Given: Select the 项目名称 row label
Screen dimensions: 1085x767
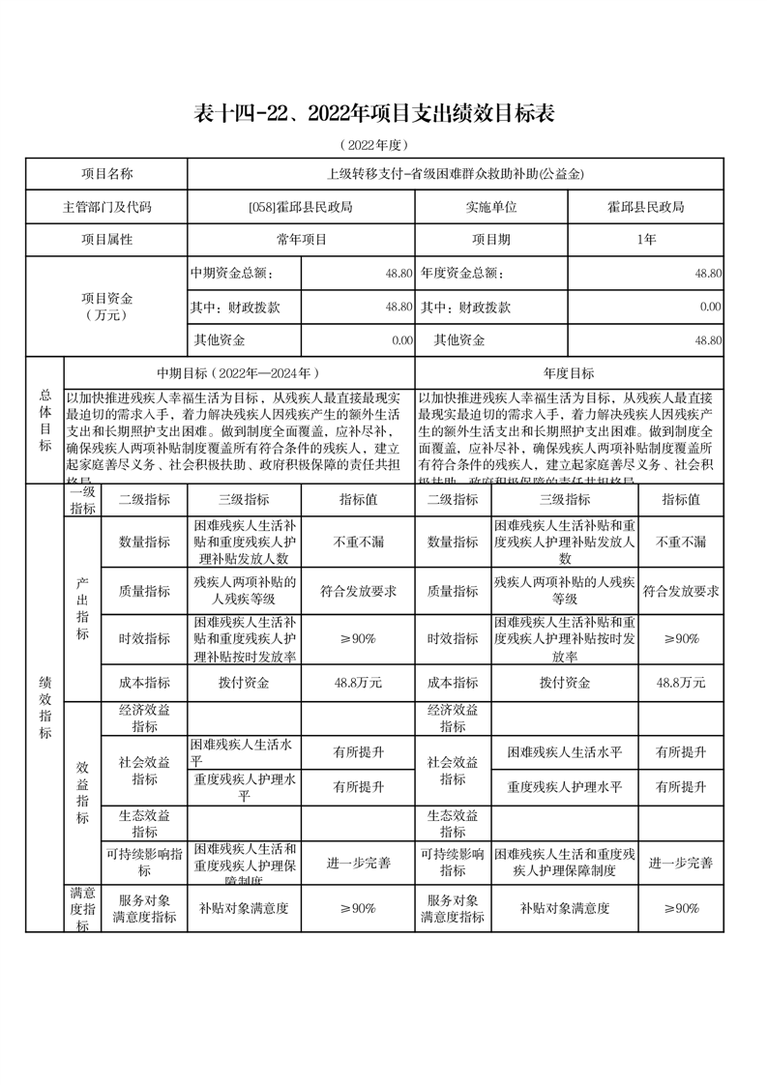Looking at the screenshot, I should [x=106, y=174].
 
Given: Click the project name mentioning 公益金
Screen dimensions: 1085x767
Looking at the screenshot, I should [x=456, y=174].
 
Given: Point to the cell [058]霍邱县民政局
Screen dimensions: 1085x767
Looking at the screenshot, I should [x=301, y=207].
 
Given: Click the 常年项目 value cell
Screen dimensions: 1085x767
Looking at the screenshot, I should [x=301, y=239].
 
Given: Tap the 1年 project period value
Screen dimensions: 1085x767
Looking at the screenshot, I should [x=645, y=239].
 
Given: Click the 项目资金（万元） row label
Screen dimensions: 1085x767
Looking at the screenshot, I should [x=106, y=307].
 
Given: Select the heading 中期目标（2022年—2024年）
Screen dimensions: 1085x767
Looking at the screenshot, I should [x=238, y=373].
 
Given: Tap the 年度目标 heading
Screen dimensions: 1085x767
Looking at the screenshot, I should [x=569, y=373].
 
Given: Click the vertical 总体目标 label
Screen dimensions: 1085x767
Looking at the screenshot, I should [x=44, y=420].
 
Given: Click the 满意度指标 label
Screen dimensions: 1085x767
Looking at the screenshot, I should [x=82, y=909].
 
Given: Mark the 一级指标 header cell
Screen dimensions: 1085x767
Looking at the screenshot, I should [x=82, y=500].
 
